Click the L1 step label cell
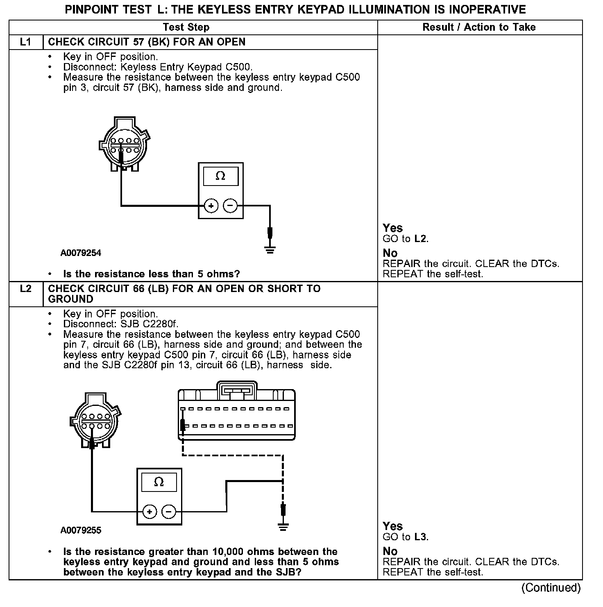[x=26, y=42]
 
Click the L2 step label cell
[x=26, y=289]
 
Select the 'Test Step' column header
[x=186, y=27]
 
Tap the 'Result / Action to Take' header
[x=479, y=27]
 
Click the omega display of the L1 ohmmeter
[x=220, y=176]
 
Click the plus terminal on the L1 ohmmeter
[x=211, y=206]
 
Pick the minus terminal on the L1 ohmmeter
[x=230, y=206]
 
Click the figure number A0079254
[x=81, y=253]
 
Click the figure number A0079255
[x=81, y=530]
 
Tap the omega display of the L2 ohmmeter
[x=159, y=482]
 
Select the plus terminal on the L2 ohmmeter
[x=150, y=512]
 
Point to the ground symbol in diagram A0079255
[x=283, y=526]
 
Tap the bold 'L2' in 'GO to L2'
[x=420, y=239]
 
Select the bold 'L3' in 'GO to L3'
[x=420, y=537]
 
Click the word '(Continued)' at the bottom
[x=551, y=588]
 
